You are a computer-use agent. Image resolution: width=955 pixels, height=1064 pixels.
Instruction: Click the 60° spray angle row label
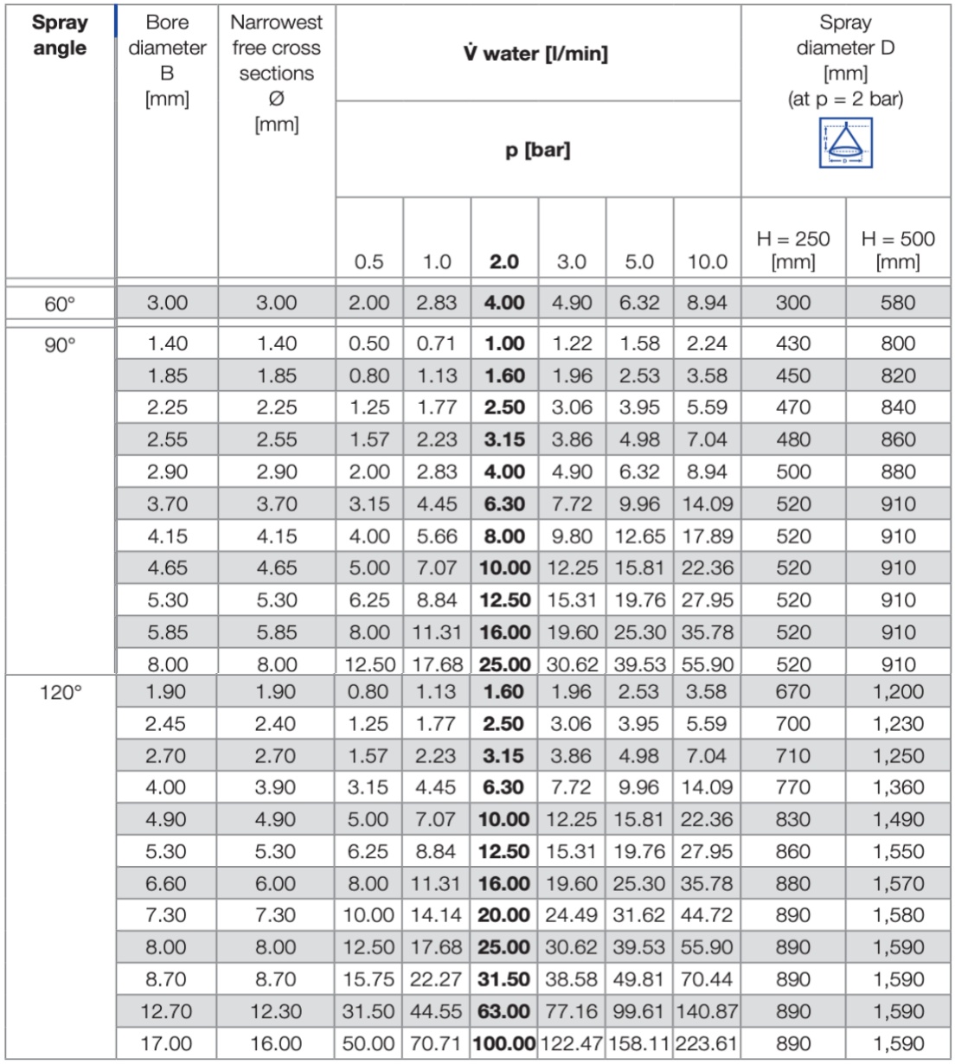pos(60,304)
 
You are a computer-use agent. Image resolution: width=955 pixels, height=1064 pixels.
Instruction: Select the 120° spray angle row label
pos(60,692)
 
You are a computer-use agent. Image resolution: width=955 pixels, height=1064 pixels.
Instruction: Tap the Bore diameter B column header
pos(167,61)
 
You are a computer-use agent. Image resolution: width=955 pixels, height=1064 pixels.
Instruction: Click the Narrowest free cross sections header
pos(277,73)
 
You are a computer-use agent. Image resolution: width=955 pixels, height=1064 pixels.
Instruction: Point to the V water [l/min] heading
pos(536,54)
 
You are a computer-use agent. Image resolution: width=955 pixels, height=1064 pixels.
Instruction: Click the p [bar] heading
pos(537,150)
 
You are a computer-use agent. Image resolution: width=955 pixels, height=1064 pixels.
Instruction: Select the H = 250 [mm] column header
pos(792,249)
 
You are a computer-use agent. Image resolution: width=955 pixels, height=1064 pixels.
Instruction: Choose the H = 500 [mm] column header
pos(898,249)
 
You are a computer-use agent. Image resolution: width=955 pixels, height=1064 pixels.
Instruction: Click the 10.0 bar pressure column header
pos(707,261)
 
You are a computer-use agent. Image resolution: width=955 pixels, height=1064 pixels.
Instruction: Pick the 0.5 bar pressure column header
pos(369,261)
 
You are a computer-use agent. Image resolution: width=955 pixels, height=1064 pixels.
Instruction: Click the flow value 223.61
pos(707,1043)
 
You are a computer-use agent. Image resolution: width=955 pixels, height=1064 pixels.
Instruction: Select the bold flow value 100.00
pos(504,1043)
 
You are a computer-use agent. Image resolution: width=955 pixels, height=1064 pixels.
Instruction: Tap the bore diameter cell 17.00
pos(167,1043)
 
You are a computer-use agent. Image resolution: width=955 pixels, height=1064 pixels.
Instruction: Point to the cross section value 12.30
pos(277,1011)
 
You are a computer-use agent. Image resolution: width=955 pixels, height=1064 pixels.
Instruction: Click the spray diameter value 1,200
pos(898,692)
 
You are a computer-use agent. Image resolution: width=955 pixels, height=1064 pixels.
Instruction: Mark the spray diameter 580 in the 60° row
pos(898,304)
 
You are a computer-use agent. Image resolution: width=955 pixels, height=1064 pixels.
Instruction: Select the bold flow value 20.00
pos(504,915)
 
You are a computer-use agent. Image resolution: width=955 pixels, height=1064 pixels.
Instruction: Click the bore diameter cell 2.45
pos(167,724)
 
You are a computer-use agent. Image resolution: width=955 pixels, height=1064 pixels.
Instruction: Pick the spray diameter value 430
pos(792,343)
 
